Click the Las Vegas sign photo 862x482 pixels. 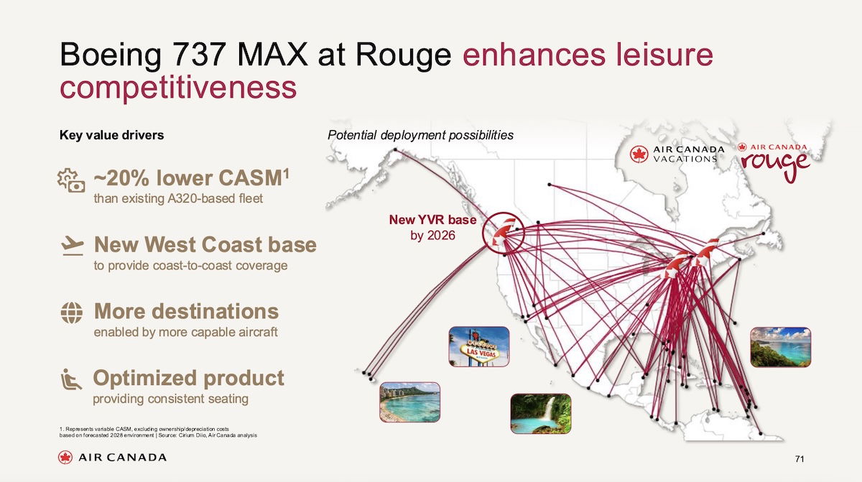point(479,346)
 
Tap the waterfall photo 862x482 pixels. point(541,414)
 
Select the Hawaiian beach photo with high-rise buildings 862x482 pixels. point(410,402)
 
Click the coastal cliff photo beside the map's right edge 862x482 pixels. point(780,347)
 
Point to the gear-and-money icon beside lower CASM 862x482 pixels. point(71,180)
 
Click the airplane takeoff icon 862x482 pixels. point(73,246)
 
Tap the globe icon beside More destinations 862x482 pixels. point(72,312)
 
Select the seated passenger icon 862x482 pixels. point(71,379)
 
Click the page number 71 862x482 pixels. point(800,459)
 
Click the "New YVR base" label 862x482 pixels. point(432,220)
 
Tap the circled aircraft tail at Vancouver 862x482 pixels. point(504,233)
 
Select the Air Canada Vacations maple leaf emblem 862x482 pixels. point(639,154)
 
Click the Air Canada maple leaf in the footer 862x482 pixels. point(65,458)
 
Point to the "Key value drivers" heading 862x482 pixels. point(111,135)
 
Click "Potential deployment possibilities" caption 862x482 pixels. point(420,136)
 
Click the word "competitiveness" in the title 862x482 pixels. point(178,88)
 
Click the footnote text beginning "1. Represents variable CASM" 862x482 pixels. point(158,432)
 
